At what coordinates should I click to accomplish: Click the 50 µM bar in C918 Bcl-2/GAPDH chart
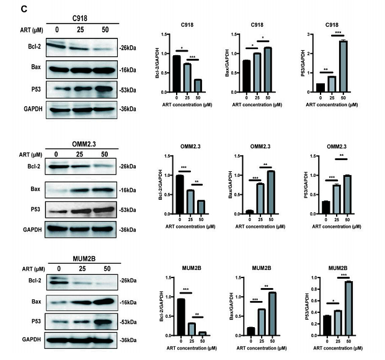[x=198, y=86]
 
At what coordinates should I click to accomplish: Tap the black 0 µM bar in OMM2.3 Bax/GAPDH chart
[x=249, y=212]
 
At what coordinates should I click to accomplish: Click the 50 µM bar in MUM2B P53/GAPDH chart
[x=342, y=308]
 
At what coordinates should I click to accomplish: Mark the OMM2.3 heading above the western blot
[x=81, y=143]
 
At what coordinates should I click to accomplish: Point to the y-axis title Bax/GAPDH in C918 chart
[x=232, y=63]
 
